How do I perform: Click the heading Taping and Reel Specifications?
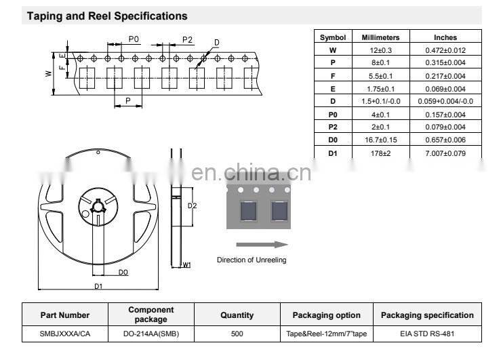[107, 16]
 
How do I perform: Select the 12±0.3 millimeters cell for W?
[380, 50]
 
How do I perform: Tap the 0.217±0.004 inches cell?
[445, 76]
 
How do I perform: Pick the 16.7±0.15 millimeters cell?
[380, 140]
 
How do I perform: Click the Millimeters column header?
[380, 37]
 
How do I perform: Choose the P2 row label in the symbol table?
[333, 127]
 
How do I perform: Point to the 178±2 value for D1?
[380, 153]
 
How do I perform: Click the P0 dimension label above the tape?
[134, 39]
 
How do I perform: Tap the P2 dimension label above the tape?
[187, 40]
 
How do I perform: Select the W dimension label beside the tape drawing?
[49, 73]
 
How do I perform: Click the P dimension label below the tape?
[128, 101]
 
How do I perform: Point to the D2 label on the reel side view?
[192, 205]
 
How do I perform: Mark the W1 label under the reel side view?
[186, 265]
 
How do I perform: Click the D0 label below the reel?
[123, 272]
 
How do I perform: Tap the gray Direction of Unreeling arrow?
[262, 245]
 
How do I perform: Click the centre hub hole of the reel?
[98, 207]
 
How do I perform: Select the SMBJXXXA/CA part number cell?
[65, 334]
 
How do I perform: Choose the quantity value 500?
[237, 334]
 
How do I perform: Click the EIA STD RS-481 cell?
[427, 334]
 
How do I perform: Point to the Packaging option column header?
[327, 315]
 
